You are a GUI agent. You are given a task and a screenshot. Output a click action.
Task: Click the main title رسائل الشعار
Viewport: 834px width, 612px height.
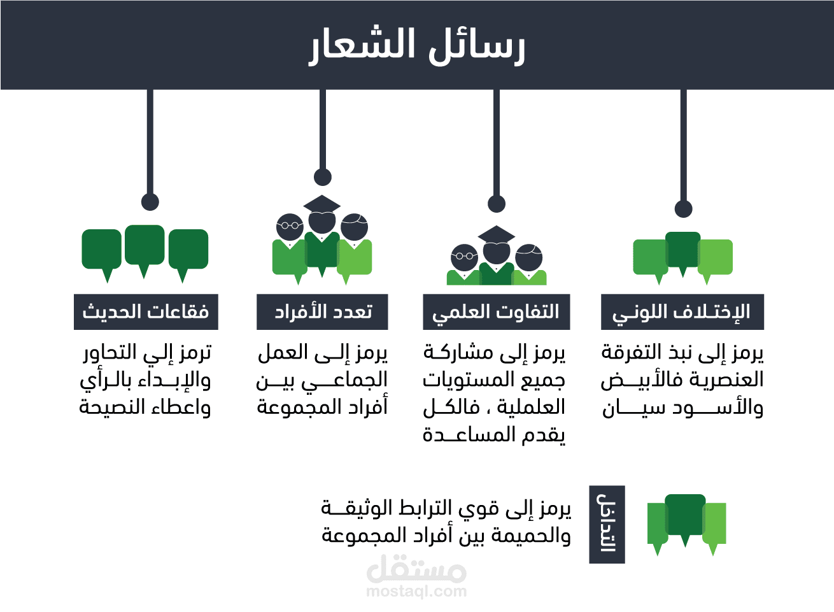coord(417,46)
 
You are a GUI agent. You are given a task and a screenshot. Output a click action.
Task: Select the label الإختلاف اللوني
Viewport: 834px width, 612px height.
coord(682,312)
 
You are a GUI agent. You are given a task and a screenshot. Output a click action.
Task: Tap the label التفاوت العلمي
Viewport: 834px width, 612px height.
coord(496,312)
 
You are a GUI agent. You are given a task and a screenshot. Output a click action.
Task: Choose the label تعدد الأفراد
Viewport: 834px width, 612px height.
coord(322,312)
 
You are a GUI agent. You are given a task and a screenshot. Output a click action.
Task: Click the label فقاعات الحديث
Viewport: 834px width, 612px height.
coord(146,312)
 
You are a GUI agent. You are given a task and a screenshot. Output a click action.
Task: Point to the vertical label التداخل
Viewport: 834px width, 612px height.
coord(607,524)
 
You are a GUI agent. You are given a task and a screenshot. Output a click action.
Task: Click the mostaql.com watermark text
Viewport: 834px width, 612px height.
coord(416,592)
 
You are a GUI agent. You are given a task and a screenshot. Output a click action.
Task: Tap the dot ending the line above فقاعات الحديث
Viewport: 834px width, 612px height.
coord(150,202)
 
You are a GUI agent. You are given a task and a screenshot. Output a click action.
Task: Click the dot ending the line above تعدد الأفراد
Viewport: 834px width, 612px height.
coord(323,177)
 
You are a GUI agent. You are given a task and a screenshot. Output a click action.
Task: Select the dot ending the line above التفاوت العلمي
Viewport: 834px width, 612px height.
coord(497,204)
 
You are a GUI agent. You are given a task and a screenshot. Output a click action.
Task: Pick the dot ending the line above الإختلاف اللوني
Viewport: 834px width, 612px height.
coord(683,209)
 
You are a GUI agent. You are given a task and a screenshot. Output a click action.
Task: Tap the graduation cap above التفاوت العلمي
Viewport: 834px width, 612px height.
coord(496,234)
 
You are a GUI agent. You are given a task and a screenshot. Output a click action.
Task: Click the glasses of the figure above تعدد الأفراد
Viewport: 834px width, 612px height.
coord(290,225)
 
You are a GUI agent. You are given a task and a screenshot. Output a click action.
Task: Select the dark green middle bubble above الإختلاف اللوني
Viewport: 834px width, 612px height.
coord(683,250)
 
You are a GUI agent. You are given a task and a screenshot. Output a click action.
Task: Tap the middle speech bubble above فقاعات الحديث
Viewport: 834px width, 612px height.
coord(145,245)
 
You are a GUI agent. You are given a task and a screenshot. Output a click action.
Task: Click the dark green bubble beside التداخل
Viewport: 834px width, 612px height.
coord(685,515)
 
